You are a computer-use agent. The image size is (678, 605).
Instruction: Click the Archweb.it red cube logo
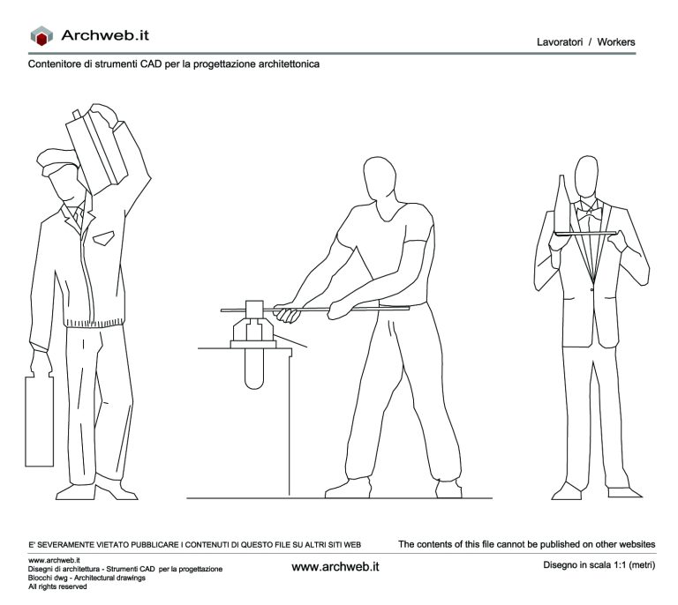click(41, 36)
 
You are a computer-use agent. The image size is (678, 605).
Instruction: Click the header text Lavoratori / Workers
click(585, 42)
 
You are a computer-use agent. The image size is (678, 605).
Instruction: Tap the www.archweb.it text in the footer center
click(335, 564)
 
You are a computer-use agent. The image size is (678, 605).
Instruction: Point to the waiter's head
click(587, 176)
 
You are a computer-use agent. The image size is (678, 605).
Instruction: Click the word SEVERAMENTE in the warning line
click(74, 544)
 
